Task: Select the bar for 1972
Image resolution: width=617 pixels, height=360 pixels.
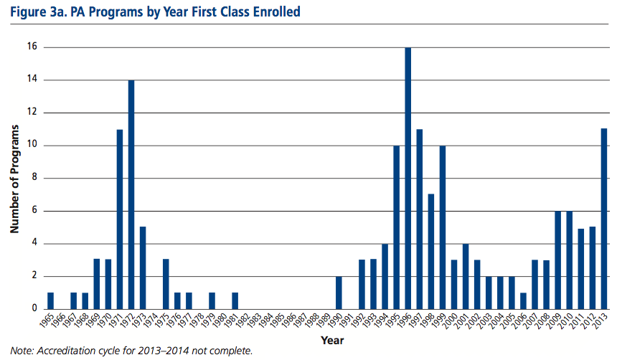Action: pyautogui.click(x=131, y=194)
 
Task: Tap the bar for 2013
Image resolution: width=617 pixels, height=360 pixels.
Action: pyautogui.click(x=604, y=219)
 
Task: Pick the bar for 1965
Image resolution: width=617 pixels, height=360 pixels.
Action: pyautogui.click(x=50, y=300)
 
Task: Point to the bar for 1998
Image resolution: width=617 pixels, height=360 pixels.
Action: pyautogui.click(x=431, y=251)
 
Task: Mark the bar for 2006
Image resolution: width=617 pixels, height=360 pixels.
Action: pyautogui.click(x=524, y=300)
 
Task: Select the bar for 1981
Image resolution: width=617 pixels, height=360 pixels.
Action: pyautogui.click(x=235, y=300)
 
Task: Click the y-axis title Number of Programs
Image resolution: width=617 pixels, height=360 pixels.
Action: pyautogui.click(x=14, y=179)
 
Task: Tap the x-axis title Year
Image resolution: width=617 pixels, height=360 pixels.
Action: pyautogui.click(x=332, y=339)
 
